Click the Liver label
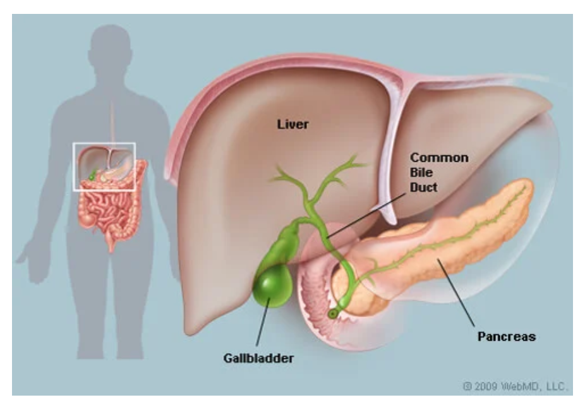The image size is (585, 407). pos(293,125)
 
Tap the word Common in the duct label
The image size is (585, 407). pos(439,157)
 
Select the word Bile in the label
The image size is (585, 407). pos(421,173)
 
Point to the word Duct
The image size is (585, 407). pos(423,187)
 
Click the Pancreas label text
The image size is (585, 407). pos(507,336)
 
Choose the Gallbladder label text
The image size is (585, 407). pos(258,358)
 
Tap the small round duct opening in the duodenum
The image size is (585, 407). pos(332,314)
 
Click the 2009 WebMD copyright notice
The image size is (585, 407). pos(515,386)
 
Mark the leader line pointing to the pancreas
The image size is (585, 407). pos(456,293)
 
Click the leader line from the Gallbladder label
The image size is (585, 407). pos(263,322)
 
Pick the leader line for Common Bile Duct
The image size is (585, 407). pos(366,216)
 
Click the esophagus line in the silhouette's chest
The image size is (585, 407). pos(112,123)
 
